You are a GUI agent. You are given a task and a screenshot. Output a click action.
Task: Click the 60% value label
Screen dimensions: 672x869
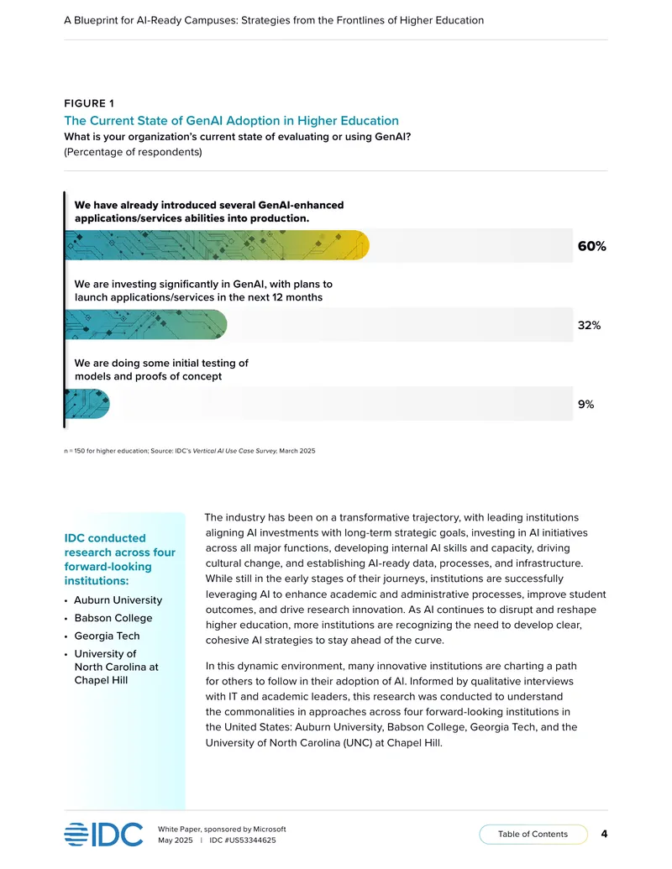591,246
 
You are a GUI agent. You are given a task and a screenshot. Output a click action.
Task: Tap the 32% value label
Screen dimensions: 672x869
589,325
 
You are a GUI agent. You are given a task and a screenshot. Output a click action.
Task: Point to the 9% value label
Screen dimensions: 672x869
585,404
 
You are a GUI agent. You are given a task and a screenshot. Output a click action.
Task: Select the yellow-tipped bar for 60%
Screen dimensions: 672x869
218,245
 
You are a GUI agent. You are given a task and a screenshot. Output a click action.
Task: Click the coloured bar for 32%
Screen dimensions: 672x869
146,324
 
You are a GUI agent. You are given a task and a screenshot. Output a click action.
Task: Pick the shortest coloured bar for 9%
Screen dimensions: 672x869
87,404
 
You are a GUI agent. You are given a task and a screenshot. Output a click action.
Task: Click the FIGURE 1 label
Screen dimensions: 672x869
89,103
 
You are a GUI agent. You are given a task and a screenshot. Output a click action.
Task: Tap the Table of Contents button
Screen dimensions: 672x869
533,834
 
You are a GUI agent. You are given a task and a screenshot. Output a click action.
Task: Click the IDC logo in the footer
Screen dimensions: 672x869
103,834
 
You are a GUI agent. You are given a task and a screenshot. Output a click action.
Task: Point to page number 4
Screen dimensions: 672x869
604,834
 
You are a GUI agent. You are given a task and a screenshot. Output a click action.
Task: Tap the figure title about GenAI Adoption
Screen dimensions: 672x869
231,120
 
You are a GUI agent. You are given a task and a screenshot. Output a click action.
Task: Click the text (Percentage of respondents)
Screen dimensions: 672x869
133,152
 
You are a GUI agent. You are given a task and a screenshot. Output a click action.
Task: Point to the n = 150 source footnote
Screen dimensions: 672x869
190,451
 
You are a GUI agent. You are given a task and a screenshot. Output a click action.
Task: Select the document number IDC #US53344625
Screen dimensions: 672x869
242,840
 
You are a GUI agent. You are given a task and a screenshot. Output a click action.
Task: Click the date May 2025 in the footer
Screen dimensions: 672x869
176,840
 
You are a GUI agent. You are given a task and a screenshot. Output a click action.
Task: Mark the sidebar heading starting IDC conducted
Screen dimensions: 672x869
120,559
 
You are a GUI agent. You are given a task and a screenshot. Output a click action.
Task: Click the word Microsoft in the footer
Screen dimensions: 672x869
270,829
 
